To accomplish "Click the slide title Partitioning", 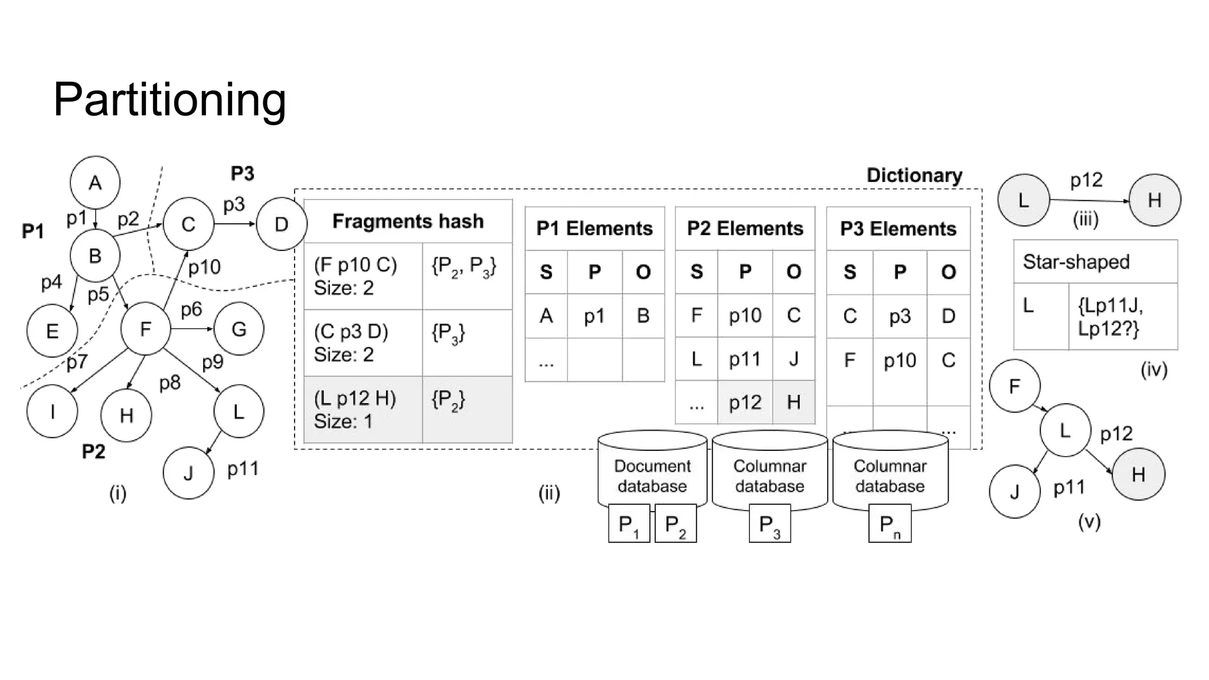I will tap(169, 99).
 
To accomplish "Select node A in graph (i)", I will tap(95, 182).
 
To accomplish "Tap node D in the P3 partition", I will tap(281, 224).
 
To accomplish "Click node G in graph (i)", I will tap(238, 329).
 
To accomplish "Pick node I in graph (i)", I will tap(52, 411).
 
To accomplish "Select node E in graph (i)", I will tap(52, 331).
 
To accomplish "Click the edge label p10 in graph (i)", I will tap(204, 267).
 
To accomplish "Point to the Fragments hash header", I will tap(407, 221).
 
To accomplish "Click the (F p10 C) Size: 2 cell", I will tap(362, 276).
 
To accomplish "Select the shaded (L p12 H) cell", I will tap(362, 409).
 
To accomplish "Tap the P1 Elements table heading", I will tap(594, 228).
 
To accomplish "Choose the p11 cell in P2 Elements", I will tap(744, 359).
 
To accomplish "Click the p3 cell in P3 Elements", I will tap(899, 316).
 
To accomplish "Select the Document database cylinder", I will tap(652, 469).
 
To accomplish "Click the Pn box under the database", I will tap(890, 524).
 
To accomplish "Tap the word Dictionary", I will tap(914, 175).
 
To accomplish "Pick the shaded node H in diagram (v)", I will tap(1138, 474).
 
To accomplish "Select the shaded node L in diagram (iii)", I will tap(1024, 200).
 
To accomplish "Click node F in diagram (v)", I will tap(1014, 386).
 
